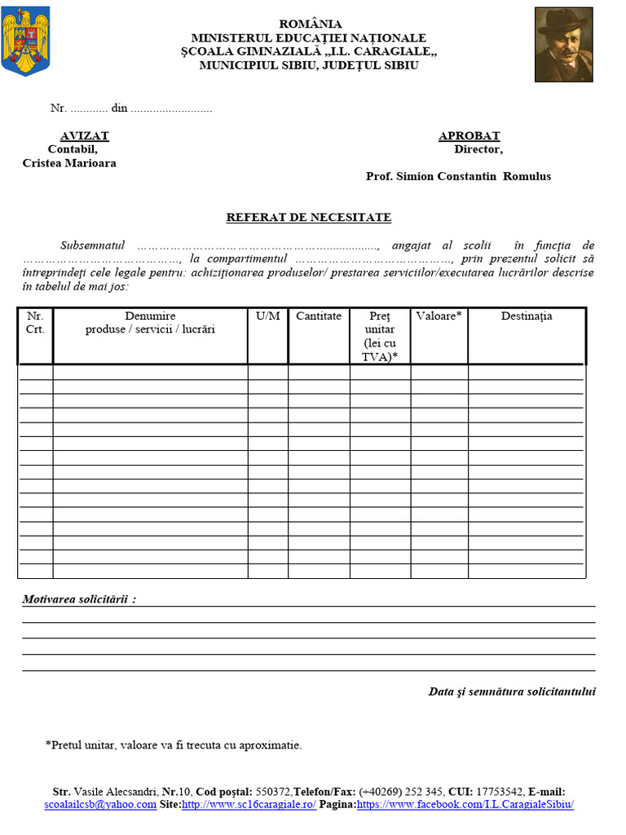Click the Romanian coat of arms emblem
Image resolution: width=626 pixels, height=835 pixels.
[26, 41]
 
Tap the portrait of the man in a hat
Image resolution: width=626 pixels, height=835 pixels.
[563, 45]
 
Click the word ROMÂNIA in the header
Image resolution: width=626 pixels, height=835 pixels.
[311, 24]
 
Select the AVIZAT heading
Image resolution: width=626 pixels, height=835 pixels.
[84, 136]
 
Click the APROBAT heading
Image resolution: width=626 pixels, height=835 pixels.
[469, 136]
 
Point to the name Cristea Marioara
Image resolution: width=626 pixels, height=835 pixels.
[69, 163]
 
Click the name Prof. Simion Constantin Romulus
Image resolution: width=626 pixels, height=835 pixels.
[458, 176]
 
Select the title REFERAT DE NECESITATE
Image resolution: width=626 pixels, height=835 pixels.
[308, 218]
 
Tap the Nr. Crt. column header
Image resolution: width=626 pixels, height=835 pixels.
[35, 323]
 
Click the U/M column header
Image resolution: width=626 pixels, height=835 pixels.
[267, 316]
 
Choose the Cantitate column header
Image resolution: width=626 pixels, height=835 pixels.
[319, 316]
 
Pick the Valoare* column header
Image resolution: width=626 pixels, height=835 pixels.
[439, 316]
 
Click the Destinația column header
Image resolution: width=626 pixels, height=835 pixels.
[526, 316]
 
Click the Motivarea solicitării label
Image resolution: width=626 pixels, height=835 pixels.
[79, 599]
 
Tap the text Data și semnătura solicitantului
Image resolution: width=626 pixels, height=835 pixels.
[512, 691]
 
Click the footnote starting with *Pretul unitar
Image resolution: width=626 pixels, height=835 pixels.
[174, 744]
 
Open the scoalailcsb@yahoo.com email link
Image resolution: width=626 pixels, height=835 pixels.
[100, 804]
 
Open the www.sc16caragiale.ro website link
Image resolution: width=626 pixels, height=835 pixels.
[249, 804]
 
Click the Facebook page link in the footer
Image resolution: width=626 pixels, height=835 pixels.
[465, 804]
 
